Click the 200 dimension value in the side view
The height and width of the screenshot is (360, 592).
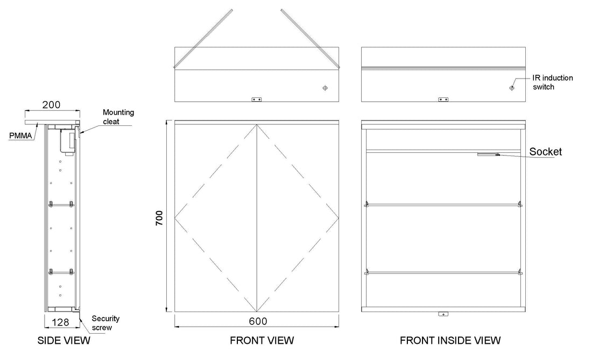(51, 104)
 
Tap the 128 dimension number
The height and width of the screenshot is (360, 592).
(60, 322)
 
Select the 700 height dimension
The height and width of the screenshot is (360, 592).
(159, 218)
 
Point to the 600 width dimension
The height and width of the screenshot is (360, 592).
(258, 321)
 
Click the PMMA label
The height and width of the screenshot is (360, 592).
(21, 136)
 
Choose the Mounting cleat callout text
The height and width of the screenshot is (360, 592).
(118, 117)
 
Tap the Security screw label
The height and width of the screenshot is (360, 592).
(105, 323)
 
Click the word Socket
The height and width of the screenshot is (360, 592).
(545, 152)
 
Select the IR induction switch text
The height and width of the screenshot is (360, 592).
(552, 82)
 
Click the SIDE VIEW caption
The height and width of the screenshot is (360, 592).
(64, 341)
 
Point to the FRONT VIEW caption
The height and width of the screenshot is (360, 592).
(262, 341)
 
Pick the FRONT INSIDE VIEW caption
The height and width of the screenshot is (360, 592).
(450, 341)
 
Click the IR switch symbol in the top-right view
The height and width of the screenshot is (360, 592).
(512, 88)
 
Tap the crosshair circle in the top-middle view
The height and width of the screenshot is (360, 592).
(325, 88)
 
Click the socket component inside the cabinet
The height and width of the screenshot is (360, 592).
(489, 154)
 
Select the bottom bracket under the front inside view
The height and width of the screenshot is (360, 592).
(443, 314)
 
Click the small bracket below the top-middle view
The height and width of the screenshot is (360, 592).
(257, 100)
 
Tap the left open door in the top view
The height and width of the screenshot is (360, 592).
(203, 39)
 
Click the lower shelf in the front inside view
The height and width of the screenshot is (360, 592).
(443, 272)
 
